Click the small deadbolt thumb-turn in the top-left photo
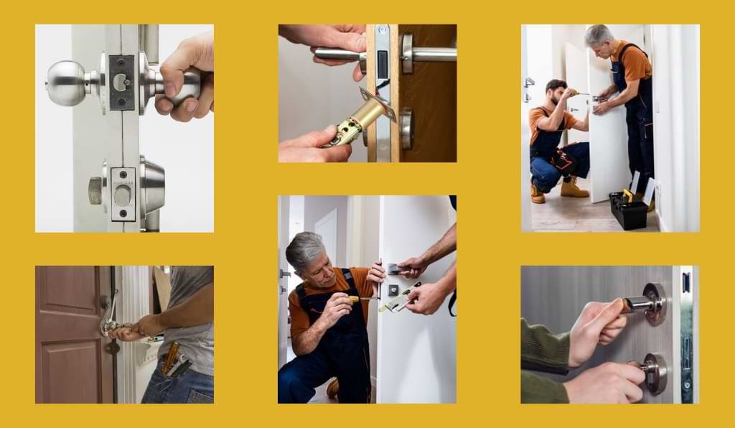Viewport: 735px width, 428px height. [95, 190]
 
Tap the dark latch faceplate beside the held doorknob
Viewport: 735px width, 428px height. [121, 82]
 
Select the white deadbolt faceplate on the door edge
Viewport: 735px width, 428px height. [123, 194]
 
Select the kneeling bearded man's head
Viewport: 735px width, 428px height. [556, 94]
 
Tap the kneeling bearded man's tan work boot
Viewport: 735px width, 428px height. [574, 190]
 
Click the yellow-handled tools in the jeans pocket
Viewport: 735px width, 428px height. [172, 359]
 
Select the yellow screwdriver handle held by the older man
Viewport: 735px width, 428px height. [353, 297]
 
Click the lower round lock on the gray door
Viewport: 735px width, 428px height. [655, 373]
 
